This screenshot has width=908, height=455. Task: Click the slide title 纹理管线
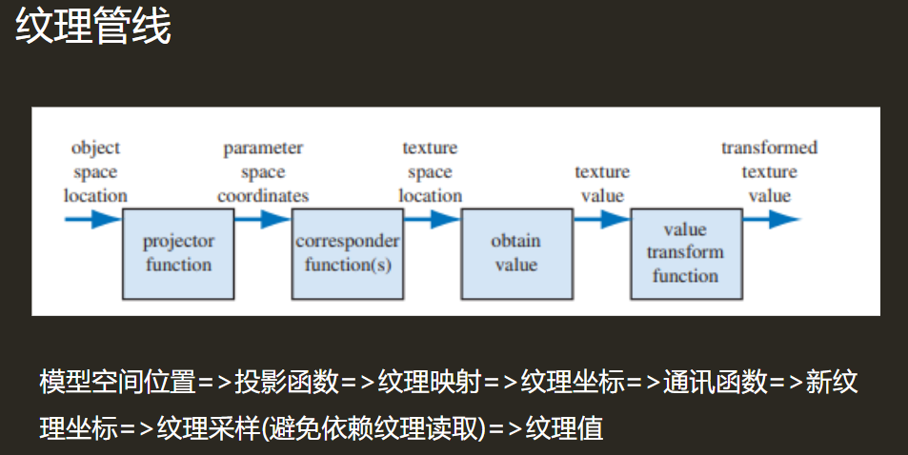(93, 29)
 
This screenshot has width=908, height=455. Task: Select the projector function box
(178, 252)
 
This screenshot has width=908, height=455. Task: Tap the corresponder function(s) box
(347, 252)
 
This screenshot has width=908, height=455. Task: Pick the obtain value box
(515, 252)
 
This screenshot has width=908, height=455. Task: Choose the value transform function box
(684, 252)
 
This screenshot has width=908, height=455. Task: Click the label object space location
(95, 172)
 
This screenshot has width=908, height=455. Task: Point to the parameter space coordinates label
(263, 172)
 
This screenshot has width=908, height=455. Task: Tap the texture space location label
(430, 172)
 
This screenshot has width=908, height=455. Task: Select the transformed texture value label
(769, 172)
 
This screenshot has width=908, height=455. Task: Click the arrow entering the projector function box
(93, 220)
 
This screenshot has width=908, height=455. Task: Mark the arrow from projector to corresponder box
(262, 220)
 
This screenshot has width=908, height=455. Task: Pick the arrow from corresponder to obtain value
(431, 220)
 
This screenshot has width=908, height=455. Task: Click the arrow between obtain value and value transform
(601, 220)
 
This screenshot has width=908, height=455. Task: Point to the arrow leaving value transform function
(770, 220)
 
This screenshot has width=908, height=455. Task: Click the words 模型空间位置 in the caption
(117, 383)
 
